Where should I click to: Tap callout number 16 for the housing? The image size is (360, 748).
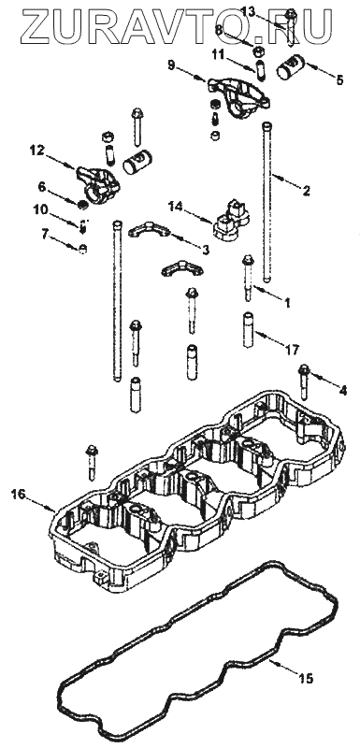(18, 495)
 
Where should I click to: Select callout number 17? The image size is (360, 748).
(293, 350)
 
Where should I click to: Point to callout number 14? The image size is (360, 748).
(175, 206)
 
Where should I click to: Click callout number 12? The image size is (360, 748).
(36, 151)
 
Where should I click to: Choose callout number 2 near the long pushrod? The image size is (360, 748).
(306, 192)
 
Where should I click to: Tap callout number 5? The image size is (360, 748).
(339, 80)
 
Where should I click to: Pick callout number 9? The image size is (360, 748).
(172, 64)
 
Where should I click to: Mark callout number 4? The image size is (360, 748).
(342, 390)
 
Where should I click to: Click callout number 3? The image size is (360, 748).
(206, 249)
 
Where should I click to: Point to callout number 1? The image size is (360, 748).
(286, 302)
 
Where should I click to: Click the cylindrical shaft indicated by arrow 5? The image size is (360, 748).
(292, 67)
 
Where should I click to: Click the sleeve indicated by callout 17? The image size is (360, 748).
(249, 329)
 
